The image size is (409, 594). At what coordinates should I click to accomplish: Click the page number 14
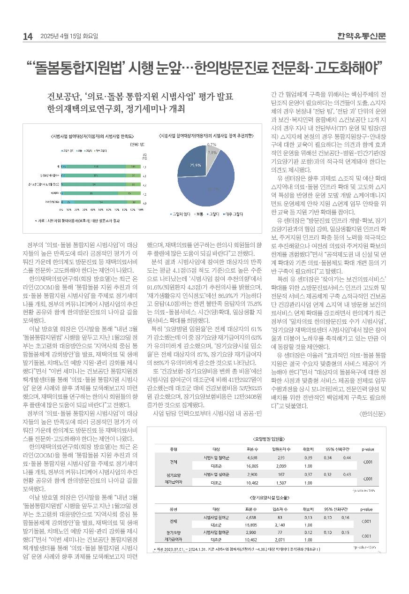pyautogui.click(x=28, y=37)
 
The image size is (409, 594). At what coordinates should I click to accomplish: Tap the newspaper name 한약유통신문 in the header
pyautogui.click(x=362, y=36)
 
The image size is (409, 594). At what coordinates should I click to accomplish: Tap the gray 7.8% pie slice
pyautogui.click(x=212, y=153)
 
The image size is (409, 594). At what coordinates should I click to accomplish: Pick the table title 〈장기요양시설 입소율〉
pyautogui.click(x=269, y=496)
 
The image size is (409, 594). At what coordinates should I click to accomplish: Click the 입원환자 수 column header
pyautogui.click(x=280, y=449)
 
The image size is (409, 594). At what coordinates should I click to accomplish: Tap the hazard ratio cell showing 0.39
pyautogui.click(x=308, y=457)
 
